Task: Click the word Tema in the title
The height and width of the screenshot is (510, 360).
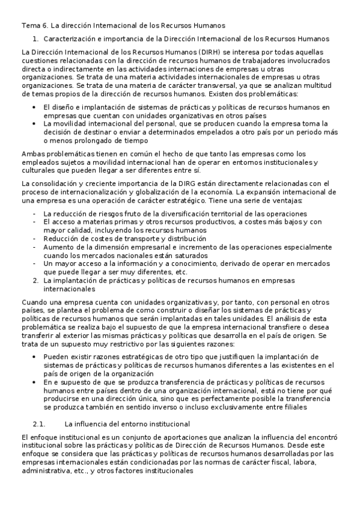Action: pyautogui.click(x=29, y=25)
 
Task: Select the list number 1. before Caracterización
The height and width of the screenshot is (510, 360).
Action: pyautogui.click(x=35, y=38)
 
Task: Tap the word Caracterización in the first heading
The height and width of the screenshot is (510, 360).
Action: pyautogui.click(x=71, y=38)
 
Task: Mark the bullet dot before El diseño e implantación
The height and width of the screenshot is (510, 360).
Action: pyautogui.click(x=35, y=107)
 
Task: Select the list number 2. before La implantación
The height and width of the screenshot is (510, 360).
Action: pyautogui.click(x=35, y=280)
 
